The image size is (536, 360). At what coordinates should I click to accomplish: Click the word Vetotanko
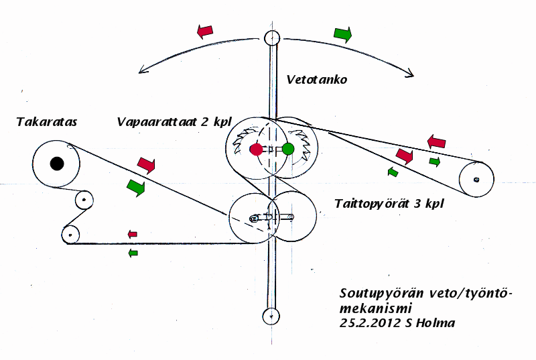(x=316, y=80)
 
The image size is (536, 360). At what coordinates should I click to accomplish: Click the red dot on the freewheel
(x=256, y=149)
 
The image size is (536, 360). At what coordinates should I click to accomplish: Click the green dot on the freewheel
(x=288, y=149)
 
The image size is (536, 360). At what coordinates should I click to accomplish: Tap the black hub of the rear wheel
(x=57, y=163)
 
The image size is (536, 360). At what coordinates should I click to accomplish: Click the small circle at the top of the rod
(x=271, y=38)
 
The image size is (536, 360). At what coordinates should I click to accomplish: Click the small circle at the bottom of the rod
(x=271, y=315)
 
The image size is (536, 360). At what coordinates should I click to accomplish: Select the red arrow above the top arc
(x=205, y=31)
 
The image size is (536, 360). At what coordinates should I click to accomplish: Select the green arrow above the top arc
(x=342, y=34)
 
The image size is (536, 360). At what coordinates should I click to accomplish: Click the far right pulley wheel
(x=476, y=179)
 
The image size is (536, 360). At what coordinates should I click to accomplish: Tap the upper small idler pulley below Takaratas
(x=84, y=199)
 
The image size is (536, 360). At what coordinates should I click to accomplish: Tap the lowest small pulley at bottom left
(x=69, y=234)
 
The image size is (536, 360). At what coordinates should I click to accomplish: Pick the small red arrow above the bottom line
(x=133, y=234)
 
